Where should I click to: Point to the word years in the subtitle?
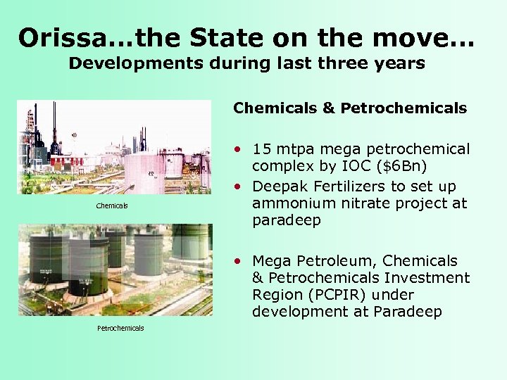tap(397, 63)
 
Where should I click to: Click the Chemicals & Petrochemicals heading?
tap(350, 108)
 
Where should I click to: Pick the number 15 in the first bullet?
tap(262, 149)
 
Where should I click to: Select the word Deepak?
tap(279, 186)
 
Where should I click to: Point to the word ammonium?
tap(296, 203)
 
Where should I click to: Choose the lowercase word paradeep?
tap(287, 220)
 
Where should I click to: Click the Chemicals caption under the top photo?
tap(112, 205)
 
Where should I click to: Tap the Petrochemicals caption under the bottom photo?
tap(120, 328)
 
